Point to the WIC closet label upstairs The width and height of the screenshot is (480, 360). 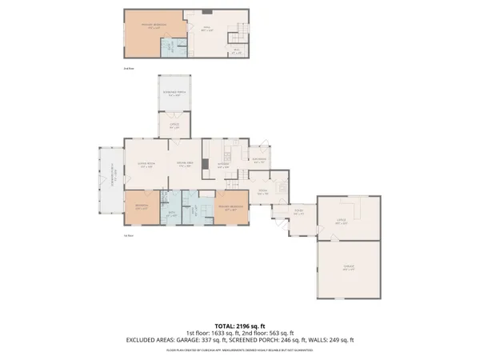click(x=236, y=50)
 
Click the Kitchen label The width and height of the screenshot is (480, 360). click(x=223, y=167)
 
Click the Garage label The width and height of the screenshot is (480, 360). click(x=349, y=268)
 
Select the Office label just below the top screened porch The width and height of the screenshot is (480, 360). click(x=175, y=126)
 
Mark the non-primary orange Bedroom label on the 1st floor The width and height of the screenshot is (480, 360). click(x=141, y=208)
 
